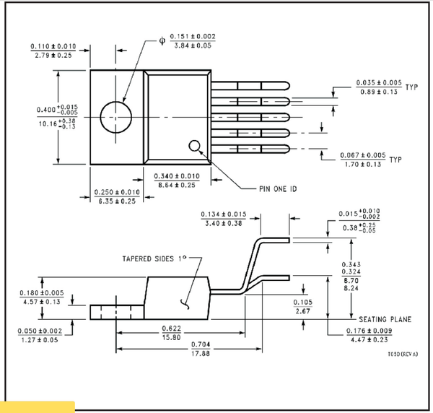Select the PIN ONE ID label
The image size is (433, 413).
[278, 188]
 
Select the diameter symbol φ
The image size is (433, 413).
[162, 40]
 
